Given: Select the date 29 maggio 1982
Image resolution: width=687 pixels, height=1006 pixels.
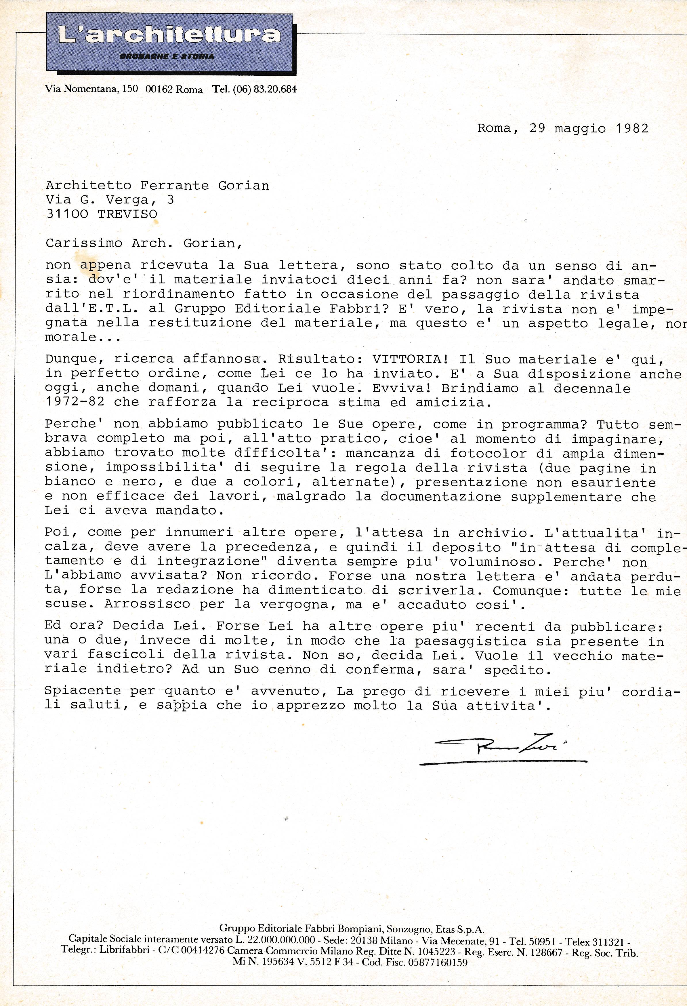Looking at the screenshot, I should pyautogui.click(x=589, y=129).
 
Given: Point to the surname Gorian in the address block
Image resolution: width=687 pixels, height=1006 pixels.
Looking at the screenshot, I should pyautogui.click(x=243, y=186).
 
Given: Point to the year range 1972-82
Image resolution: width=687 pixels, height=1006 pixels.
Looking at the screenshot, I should pyautogui.click(x=75, y=402).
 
